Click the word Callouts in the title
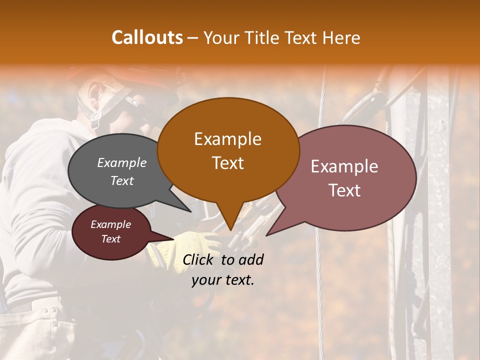(147, 37)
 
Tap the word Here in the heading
(341, 37)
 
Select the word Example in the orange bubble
(227, 139)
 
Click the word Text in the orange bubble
(227, 163)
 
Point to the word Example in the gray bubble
(121, 162)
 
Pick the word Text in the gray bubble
(121, 180)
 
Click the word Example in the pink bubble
(344, 166)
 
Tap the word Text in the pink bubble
(344, 190)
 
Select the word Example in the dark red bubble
(110, 224)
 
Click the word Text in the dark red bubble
(110, 239)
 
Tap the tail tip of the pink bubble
(266, 235)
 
